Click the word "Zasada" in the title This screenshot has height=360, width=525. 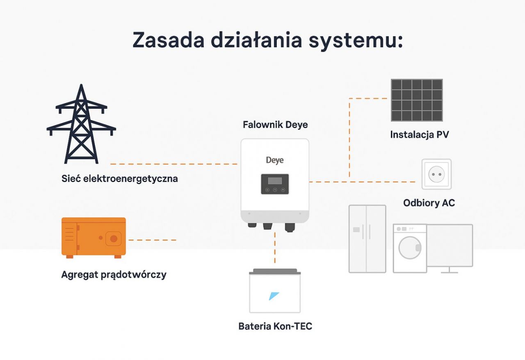(169, 40)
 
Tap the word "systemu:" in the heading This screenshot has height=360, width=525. (356, 41)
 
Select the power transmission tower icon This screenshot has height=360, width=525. (81, 124)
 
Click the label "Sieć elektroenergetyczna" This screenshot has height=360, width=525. (119, 179)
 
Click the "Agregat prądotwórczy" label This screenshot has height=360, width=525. (114, 275)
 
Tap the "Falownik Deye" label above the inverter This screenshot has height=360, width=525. (275, 125)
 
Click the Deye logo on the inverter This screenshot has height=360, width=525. (275, 160)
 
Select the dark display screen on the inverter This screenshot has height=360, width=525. (275, 184)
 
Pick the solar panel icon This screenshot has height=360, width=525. (417, 100)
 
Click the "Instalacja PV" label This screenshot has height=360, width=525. (420, 135)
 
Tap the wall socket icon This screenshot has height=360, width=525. (436, 174)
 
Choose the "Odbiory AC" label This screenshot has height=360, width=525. (429, 203)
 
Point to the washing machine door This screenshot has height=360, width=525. (410, 248)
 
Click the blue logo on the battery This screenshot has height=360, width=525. (274, 296)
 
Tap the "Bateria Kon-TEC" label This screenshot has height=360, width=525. (275, 326)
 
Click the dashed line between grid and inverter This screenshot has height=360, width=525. (174, 164)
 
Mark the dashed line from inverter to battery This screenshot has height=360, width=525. (275, 248)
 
